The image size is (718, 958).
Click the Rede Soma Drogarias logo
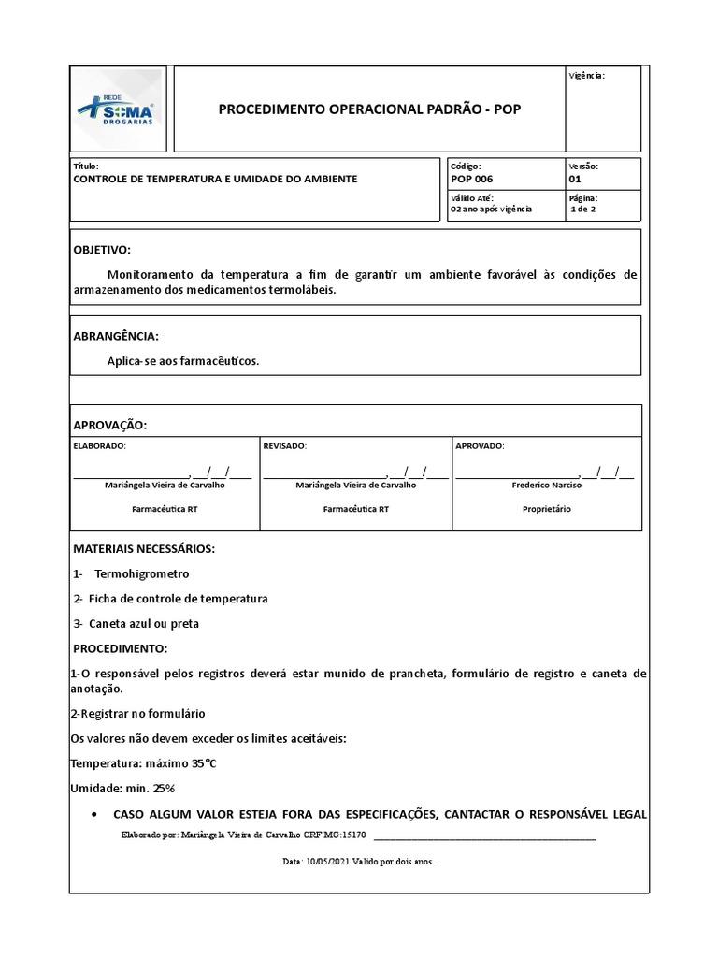click(x=117, y=110)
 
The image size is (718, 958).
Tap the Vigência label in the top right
click(x=587, y=76)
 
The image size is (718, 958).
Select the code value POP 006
click(x=471, y=179)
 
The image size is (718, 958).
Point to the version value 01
click(x=574, y=179)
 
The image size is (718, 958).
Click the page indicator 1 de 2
click(x=583, y=210)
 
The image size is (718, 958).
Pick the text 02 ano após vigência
click(x=491, y=210)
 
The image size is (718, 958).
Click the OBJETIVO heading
click(x=102, y=251)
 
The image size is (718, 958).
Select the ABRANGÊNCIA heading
click(x=116, y=336)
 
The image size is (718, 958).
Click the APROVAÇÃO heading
click(x=109, y=425)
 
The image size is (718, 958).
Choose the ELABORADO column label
click(x=99, y=446)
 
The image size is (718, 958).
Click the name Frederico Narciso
click(x=546, y=486)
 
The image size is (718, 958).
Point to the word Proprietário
click(x=546, y=510)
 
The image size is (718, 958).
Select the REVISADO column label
click(x=285, y=446)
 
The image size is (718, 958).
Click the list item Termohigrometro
click(x=142, y=573)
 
